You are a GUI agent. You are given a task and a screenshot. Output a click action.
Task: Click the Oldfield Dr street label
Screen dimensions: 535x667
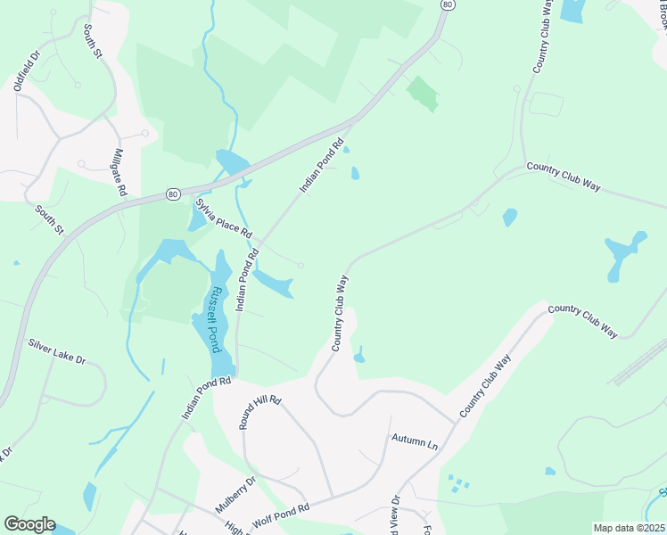click(28, 70)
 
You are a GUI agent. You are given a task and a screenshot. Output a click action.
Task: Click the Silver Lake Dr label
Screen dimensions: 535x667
click(56, 352)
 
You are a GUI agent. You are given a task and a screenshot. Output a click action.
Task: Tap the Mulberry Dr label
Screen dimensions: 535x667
click(235, 494)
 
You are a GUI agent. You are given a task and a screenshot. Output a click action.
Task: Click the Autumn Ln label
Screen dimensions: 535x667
click(415, 440)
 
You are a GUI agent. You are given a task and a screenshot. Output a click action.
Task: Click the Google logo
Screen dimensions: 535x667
click(29, 524)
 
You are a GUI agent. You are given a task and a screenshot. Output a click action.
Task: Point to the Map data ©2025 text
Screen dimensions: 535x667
click(629, 528)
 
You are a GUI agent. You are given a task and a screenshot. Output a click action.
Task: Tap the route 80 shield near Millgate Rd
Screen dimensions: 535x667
click(173, 193)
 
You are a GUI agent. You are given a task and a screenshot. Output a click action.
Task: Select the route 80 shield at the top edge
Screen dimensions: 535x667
click(447, 5)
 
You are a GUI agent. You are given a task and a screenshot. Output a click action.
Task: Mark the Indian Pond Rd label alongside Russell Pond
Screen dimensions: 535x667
click(247, 280)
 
